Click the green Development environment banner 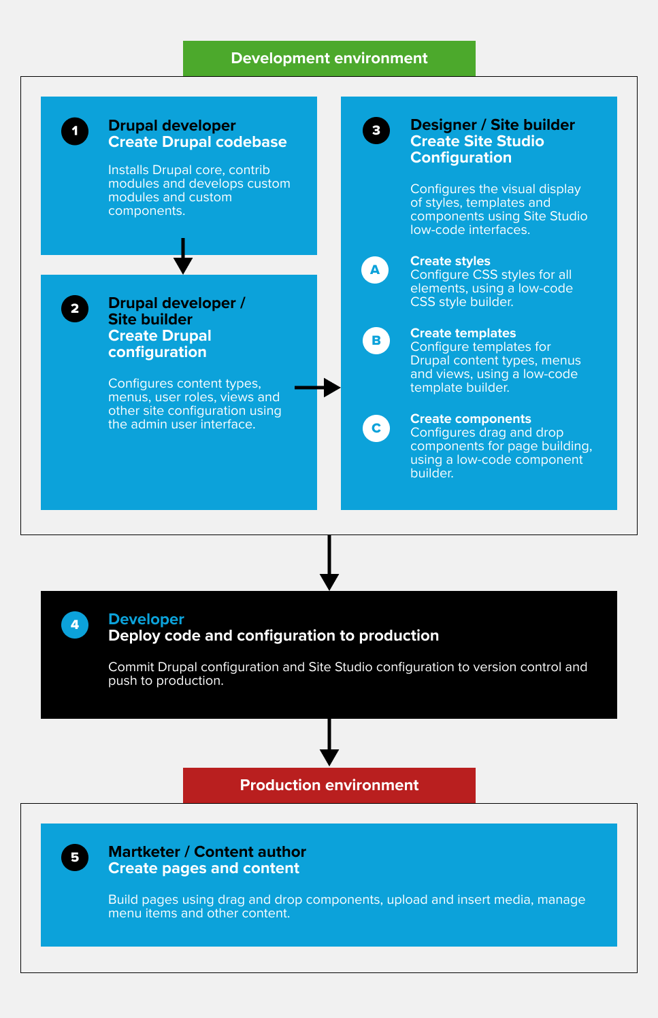point(329,58)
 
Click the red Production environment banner point(329,785)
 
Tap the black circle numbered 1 point(75,131)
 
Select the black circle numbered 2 point(75,309)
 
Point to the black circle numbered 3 point(376,131)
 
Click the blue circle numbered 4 point(75,625)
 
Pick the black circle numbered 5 point(75,858)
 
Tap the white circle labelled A point(375,270)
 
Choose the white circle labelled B point(376,341)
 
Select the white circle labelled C point(376,428)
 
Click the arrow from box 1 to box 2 point(183,256)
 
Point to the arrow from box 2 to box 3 point(317,388)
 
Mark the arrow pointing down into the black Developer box point(329,562)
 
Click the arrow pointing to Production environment point(329,743)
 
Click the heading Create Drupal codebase point(197,142)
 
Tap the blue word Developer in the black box point(146,620)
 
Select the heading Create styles point(450,261)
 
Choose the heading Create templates point(463,333)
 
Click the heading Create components point(471,419)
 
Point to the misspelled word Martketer point(144,851)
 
